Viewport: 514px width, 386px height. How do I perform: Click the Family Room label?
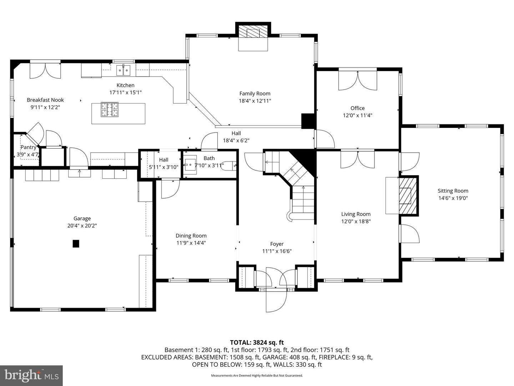click(255, 94)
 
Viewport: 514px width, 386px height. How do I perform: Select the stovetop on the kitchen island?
click(110, 109)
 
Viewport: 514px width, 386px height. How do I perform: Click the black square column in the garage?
click(76, 244)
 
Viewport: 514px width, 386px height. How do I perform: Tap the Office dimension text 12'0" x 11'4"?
click(357, 115)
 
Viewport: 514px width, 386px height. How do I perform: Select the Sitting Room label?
click(453, 191)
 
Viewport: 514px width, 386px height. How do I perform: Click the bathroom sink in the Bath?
click(191, 165)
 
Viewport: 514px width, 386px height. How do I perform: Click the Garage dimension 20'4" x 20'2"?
click(82, 226)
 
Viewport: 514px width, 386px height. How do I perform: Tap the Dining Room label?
click(191, 236)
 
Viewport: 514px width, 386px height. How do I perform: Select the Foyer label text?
click(277, 244)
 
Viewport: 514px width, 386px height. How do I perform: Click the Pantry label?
click(28, 147)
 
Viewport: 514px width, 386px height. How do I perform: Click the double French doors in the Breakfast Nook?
click(45, 71)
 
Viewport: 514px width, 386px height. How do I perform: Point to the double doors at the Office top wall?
click(357, 80)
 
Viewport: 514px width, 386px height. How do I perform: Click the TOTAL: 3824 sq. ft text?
click(257, 342)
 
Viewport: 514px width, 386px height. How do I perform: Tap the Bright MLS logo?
click(31, 375)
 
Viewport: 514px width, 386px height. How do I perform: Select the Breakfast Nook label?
click(45, 100)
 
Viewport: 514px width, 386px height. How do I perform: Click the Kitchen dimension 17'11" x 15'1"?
click(125, 92)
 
